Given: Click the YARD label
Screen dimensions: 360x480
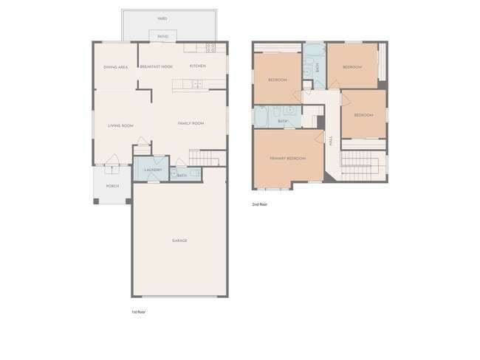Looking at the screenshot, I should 162,18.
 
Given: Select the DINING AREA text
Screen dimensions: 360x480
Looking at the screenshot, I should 116,66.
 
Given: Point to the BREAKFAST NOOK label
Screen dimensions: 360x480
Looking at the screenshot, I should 156,66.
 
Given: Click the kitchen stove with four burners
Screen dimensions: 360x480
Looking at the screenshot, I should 211,48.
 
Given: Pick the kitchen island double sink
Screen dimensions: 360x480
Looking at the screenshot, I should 197,85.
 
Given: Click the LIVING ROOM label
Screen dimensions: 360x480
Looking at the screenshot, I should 120,125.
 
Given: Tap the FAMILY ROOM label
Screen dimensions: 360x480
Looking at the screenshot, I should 191,123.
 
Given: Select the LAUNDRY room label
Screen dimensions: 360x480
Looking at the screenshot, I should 153,170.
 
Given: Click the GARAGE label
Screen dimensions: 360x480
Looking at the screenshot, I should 179,240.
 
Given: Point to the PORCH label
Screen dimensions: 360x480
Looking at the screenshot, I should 112,186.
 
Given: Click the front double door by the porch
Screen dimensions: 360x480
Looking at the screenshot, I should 112,161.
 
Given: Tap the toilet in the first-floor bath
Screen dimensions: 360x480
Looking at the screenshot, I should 193,174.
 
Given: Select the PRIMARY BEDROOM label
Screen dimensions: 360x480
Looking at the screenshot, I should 287,158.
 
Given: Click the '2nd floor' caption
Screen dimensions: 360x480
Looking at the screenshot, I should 259,204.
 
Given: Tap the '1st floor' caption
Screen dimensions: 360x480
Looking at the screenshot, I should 139,312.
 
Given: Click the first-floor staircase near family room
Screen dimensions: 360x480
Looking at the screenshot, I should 206,157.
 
